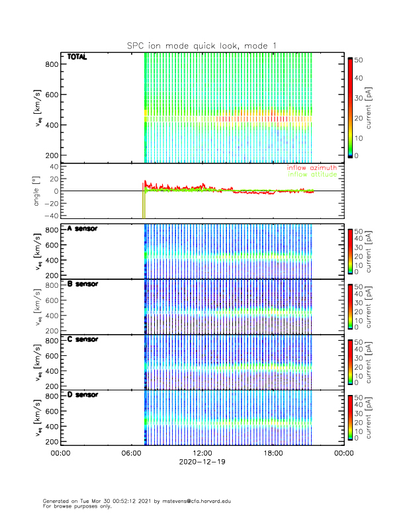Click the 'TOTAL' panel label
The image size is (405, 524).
[x=77, y=57]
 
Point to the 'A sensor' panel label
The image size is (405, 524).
[x=82, y=229]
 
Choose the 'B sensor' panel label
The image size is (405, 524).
[x=82, y=284]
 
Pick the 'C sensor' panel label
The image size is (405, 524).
[x=82, y=339]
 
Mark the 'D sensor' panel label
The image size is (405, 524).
[x=82, y=394]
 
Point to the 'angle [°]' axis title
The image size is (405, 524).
[x=38, y=191]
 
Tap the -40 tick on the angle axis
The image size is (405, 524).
[x=48, y=216]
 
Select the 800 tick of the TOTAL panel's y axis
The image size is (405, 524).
[x=50, y=64]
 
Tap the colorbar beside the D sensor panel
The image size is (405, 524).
[x=350, y=417]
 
